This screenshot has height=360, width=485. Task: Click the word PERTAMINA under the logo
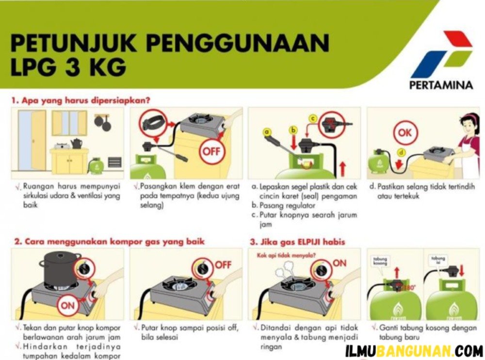coord(441,85)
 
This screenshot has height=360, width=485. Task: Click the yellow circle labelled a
coord(266,132)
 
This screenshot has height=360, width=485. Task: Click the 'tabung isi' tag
coord(438,260)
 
